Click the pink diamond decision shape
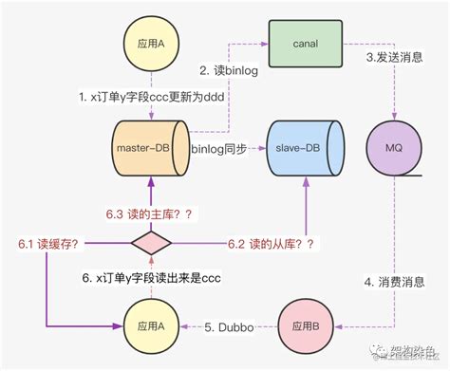point(150,244)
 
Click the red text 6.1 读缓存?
point(47,244)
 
